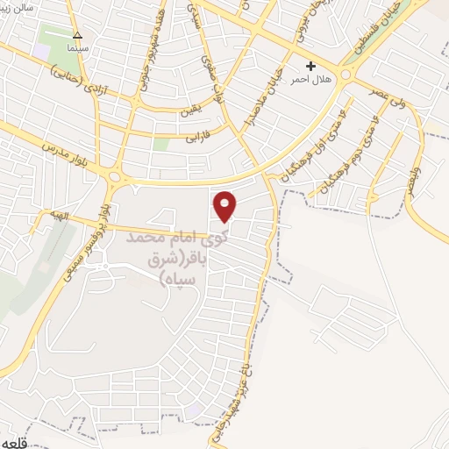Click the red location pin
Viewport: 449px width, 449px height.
(x=225, y=205)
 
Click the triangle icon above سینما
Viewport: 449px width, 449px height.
(x=77, y=36)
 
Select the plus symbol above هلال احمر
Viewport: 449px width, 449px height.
(x=310, y=67)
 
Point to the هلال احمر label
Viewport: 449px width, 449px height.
(x=310, y=80)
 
